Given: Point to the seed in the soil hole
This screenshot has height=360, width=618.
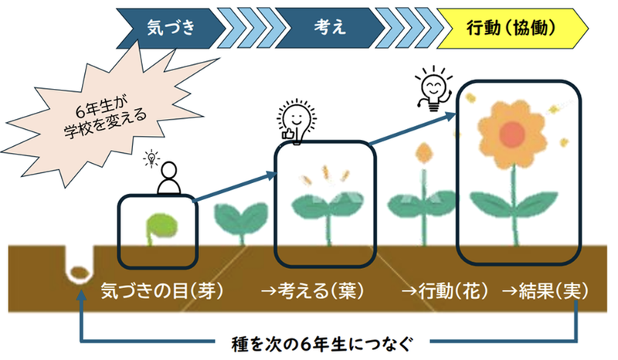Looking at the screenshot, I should click(x=77, y=272).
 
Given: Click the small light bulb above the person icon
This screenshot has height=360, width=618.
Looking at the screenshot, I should click(x=152, y=159).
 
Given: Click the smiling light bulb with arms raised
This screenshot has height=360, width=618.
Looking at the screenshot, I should click(x=431, y=87).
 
